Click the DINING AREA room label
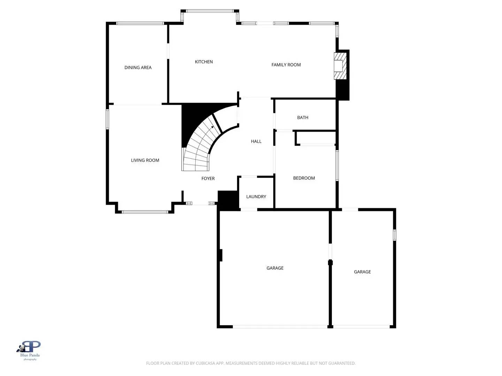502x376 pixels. coord(138,68)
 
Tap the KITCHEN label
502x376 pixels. coord(204,62)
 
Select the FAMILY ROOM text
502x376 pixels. coord(286,65)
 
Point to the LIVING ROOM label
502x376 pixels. coord(145,160)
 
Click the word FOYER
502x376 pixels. coord(208,178)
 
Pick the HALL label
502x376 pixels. coord(256,141)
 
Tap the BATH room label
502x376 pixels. coord(303,118)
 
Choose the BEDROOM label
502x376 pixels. coord(304,178)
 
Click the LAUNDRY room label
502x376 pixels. coord(256,197)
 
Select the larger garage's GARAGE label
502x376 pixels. coord(275,268)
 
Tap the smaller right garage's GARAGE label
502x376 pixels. coord(362,272)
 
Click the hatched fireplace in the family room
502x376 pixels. coord(340,66)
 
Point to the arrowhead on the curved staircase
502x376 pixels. coord(212,127)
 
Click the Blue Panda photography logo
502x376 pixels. coord(30,349)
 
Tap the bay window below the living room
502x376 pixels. coord(145,212)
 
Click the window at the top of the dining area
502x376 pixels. coord(140,23)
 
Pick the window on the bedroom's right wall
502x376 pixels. coord(337,165)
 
